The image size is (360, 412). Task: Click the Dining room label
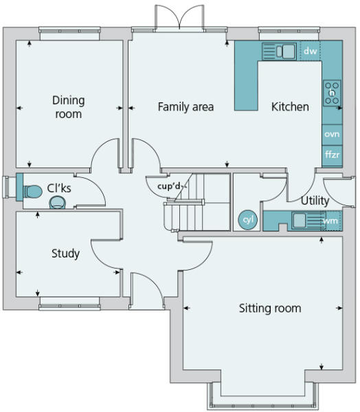(x=69, y=107)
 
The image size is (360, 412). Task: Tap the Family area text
(x=185, y=107)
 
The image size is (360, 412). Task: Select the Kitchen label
(x=290, y=107)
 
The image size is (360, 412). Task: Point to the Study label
(x=65, y=253)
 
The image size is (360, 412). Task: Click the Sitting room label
(x=270, y=308)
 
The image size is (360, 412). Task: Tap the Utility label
(x=315, y=201)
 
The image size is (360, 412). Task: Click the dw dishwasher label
(x=311, y=51)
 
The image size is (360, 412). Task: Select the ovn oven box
(x=332, y=135)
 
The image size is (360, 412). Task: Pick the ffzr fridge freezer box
(x=332, y=156)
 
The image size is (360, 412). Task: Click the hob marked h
(x=332, y=93)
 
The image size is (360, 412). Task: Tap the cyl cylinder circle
(x=248, y=220)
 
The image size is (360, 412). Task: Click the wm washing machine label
(x=330, y=220)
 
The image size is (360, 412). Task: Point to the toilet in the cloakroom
(x=32, y=192)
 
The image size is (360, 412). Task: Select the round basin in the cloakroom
(x=57, y=203)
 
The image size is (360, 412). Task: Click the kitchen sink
(x=279, y=51)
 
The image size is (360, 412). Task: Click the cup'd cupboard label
(x=169, y=186)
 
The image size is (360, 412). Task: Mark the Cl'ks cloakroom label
(x=59, y=188)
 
